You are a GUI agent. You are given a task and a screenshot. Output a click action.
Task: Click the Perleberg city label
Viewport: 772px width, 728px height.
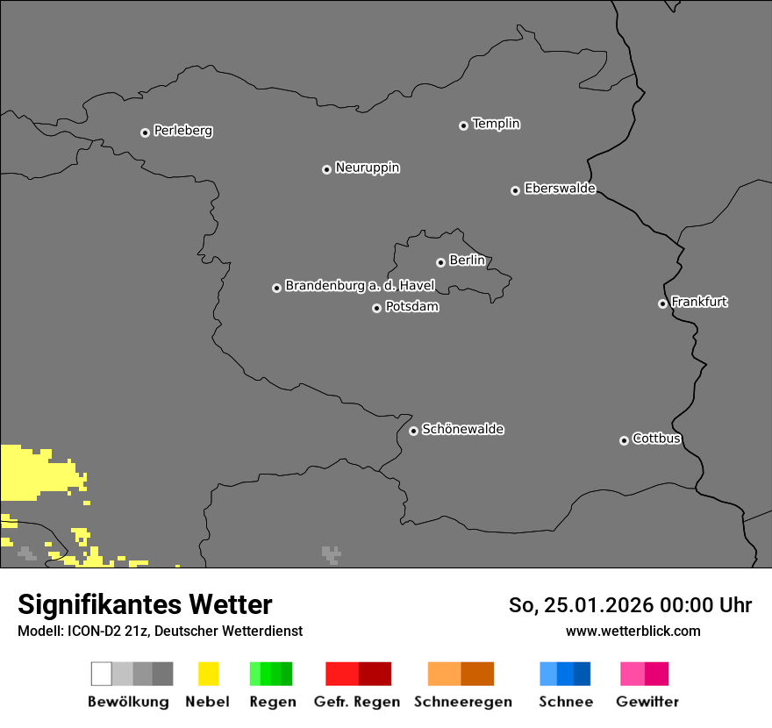pyautogui.click(x=182, y=131)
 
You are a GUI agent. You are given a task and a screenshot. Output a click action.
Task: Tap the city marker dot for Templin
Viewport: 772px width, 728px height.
pyautogui.click(x=463, y=125)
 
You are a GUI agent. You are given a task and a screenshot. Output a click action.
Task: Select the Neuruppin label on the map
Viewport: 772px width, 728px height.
pyautogui.click(x=367, y=168)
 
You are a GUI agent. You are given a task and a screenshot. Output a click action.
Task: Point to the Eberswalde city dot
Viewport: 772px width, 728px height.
pyautogui.click(x=515, y=190)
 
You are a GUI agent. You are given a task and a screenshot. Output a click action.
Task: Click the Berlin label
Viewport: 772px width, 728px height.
pyautogui.click(x=467, y=261)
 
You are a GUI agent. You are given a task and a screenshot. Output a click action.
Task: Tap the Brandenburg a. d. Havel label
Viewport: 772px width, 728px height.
pyautogui.click(x=360, y=286)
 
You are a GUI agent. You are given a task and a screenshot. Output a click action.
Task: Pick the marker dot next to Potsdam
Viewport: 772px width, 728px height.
pyautogui.click(x=376, y=308)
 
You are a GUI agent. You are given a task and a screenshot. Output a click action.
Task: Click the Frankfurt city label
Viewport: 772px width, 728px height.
pyautogui.click(x=699, y=302)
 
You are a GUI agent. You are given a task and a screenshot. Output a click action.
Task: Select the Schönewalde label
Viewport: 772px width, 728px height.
pyautogui.click(x=462, y=429)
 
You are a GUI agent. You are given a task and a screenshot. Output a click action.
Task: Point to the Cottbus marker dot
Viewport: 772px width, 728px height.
pyautogui.click(x=624, y=440)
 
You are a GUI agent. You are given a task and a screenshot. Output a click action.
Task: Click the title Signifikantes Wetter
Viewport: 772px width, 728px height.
pyautogui.click(x=145, y=605)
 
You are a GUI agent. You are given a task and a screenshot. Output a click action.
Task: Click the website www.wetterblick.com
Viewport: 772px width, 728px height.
pyautogui.click(x=633, y=631)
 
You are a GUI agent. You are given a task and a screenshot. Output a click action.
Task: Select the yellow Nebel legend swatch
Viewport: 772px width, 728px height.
pyautogui.click(x=208, y=674)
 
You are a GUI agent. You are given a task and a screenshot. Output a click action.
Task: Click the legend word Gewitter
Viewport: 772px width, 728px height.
pyautogui.click(x=647, y=702)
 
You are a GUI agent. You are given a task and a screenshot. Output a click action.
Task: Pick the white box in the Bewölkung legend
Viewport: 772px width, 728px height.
pyautogui.click(x=102, y=674)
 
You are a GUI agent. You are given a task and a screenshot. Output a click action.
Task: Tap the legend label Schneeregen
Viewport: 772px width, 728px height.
pyautogui.click(x=462, y=702)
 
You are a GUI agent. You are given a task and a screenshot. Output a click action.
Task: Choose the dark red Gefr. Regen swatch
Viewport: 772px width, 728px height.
pyautogui.click(x=375, y=674)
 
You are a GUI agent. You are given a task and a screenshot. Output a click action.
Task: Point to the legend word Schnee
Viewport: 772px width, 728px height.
pyautogui.click(x=565, y=702)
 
